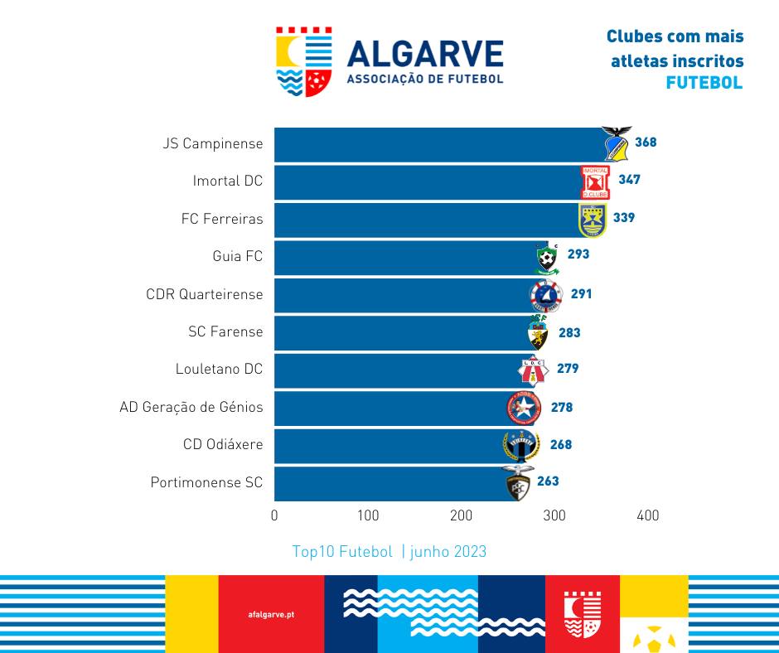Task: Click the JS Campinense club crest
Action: click(616, 144)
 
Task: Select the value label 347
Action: click(629, 180)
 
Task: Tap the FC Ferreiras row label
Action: click(222, 219)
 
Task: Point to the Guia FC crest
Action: click(546, 258)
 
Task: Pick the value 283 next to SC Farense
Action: click(569, 333)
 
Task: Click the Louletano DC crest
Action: click(533, 370)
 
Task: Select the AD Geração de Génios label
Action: click(191, 407)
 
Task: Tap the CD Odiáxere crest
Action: click(521, 446)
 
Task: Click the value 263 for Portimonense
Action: click(548, 481)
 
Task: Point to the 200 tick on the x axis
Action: click(461, 515)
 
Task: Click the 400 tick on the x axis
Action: click(647, 515)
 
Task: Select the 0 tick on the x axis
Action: click(274, 515)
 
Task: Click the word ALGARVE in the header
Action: click(425, 54)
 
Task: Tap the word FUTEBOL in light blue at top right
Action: click(704, 84)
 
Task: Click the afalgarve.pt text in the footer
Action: click(271, 615)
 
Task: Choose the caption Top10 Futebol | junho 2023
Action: click(389, 552)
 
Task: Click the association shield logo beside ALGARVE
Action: click(304, 62)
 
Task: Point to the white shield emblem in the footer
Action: click(582, 614)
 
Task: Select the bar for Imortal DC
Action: click(427, 181)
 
